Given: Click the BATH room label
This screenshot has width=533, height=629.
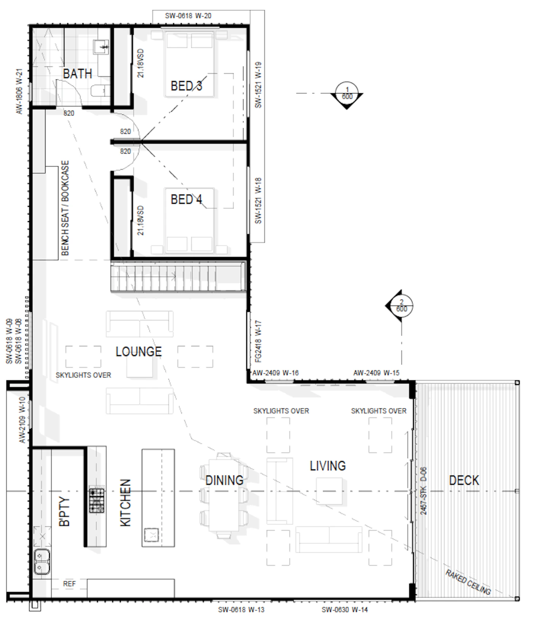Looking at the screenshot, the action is point(77,73).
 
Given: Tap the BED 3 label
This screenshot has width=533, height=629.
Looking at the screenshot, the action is point(186,86).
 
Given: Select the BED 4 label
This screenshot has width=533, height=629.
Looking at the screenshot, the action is point(186,199).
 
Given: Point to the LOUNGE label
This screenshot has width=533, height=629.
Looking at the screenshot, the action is point(139,351).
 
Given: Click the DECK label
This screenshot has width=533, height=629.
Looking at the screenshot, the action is point(464,481).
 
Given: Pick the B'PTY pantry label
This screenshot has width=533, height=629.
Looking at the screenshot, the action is point(65,512).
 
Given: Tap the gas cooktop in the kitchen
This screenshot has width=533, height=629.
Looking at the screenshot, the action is point(97,500).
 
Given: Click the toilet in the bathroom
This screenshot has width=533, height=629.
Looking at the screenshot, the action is point(100,91).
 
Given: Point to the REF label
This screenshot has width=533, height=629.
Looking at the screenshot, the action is point(69,584).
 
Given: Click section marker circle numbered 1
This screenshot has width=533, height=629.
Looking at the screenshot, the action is point(347,93).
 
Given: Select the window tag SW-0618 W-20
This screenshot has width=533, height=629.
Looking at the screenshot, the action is point(188,16).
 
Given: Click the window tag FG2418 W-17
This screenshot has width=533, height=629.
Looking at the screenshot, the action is point(259,342).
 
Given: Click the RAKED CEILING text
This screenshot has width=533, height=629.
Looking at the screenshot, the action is point(468,582).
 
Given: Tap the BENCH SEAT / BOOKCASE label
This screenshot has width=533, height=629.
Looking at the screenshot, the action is point(65,208).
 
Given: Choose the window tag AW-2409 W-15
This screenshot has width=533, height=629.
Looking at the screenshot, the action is point(377,373).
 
